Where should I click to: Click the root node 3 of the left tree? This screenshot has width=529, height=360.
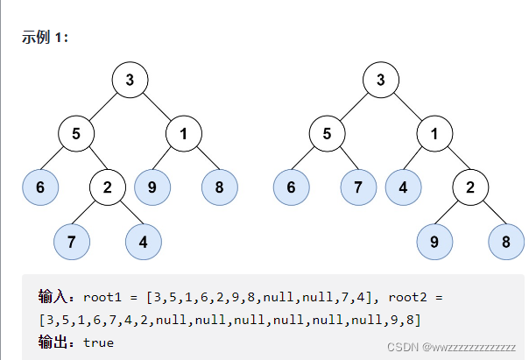130,81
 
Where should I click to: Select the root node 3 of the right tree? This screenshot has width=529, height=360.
380,81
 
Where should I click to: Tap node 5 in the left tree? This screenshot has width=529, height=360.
76,134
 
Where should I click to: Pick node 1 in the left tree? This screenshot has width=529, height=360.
184,134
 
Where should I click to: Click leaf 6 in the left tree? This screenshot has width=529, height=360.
40,187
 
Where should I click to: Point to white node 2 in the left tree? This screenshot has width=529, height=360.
107,187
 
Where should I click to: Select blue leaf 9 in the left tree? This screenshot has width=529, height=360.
152,187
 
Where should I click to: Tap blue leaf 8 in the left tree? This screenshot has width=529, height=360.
220,187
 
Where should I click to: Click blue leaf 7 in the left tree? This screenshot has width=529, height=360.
72,241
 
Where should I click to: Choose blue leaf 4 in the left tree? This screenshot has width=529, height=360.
143,241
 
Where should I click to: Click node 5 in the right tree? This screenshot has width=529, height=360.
327,134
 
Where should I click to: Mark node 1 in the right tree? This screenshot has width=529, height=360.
434,134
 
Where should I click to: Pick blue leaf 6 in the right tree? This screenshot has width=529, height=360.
291,187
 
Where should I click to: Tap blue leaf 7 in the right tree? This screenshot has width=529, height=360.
358,187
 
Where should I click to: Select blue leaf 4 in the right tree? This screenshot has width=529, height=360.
402,187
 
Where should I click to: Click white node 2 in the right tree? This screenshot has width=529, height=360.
470,187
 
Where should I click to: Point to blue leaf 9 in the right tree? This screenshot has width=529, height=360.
434,241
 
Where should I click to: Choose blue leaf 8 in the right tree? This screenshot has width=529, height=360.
506,241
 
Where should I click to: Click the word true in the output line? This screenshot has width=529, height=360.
98,342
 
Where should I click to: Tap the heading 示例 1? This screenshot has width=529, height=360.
46,38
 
